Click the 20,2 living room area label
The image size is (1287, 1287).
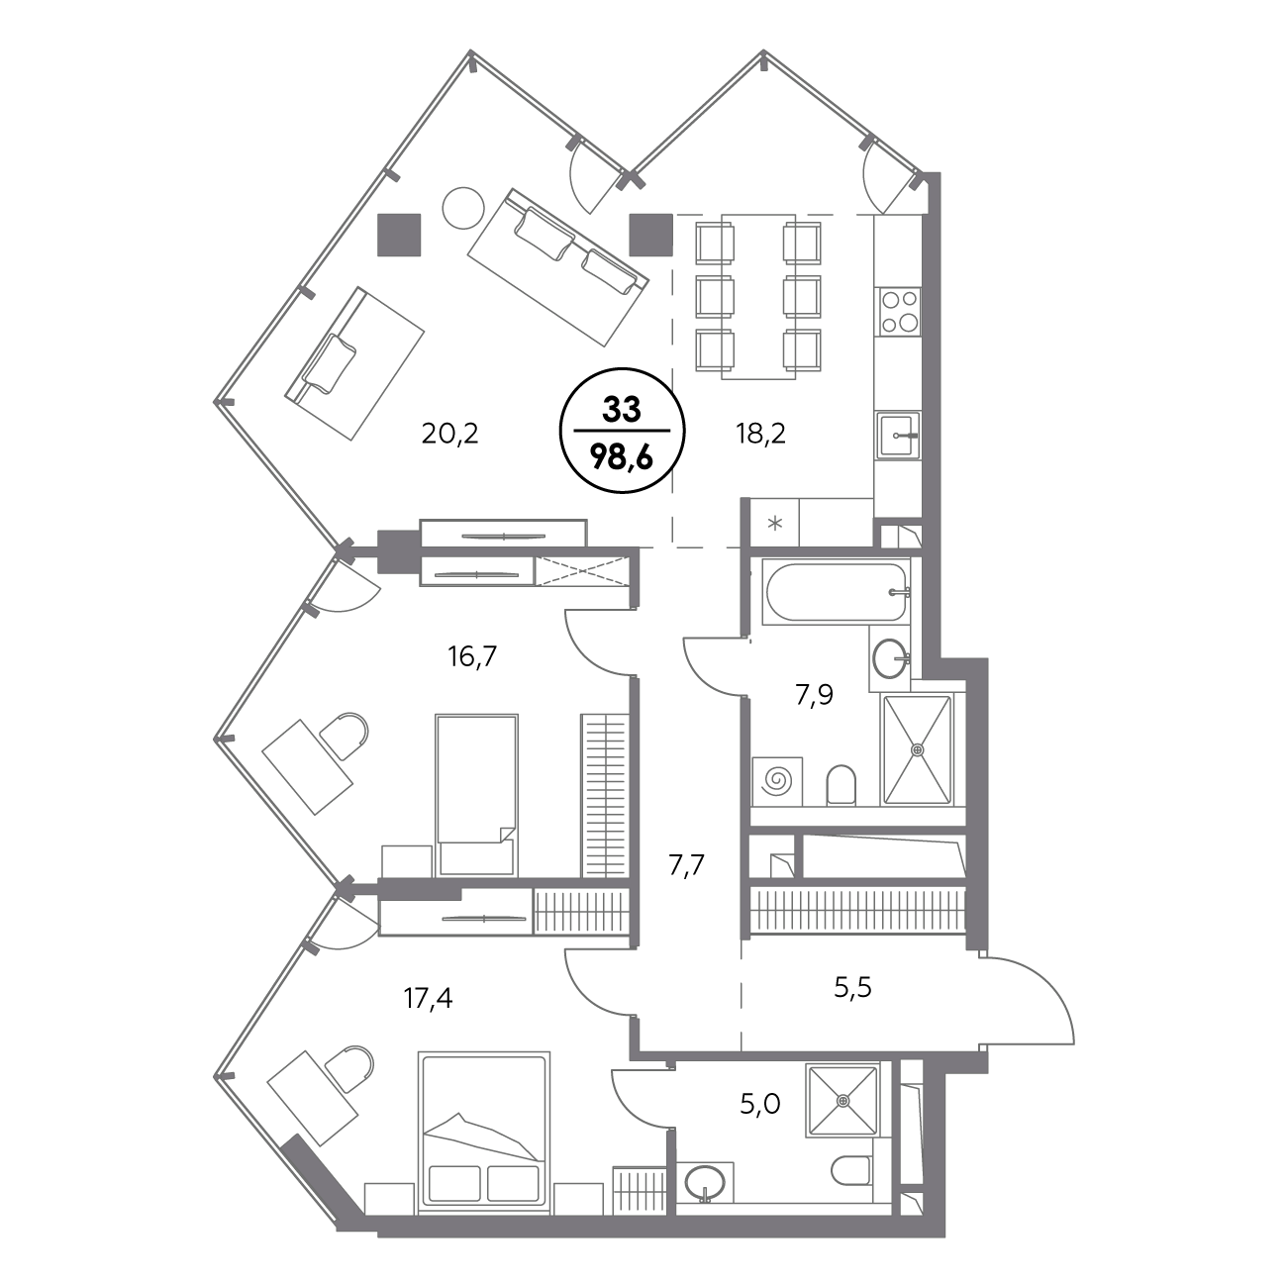(450, 435)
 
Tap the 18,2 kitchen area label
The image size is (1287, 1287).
(760, 435)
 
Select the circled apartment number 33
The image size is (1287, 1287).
(622, 410)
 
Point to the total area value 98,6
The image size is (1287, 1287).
(622, 458)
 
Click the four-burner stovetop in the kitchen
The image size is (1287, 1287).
(900, 312)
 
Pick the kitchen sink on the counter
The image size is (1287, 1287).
(898, 436)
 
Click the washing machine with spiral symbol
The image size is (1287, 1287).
(776, 780)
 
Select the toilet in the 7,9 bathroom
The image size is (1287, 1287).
(841, 785)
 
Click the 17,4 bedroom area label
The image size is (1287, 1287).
(428, 999)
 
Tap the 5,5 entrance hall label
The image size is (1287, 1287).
(852, 986)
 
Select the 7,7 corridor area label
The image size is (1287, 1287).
(687, 865)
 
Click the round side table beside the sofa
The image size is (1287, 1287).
(463, 209)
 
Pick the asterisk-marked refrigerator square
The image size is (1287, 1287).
(775, 523)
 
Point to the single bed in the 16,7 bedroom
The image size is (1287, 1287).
(476, 795)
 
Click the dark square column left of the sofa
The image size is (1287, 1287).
(399, 235)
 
